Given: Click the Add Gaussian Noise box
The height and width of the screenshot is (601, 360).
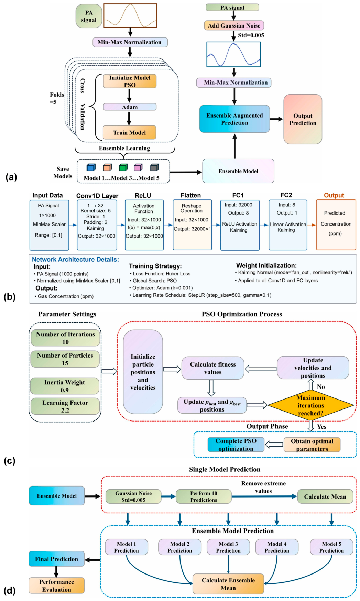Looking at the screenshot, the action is (x=234, y=25).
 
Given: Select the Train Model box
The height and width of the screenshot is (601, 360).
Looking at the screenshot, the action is (x=130, y=132).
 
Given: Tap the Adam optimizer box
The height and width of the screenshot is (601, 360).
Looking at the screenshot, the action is (x=130, y=107).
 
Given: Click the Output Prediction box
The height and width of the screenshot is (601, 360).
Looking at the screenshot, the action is (x=303, y=119).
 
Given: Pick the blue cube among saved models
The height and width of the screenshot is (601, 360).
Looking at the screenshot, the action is (x=91, y=167).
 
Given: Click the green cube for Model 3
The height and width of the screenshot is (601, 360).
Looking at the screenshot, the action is (x=123, y=167).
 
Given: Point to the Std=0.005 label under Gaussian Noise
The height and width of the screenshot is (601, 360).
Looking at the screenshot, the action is (x=251, y=35).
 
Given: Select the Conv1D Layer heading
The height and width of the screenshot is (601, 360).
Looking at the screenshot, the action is (x=97, y=196).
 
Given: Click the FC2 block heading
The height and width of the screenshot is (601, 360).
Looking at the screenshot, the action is (x=286, y=195).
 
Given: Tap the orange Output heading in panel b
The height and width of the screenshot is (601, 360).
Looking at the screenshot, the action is (x=334, y=195).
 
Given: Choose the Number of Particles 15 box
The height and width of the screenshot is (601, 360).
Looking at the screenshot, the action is (x=65, y=359).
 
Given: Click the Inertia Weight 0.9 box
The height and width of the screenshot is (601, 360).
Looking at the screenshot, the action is (x=65, y=386).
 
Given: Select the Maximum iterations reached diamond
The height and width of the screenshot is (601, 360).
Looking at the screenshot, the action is (x=311, y=405).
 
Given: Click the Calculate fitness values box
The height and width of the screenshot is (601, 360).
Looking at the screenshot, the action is (x=213, y=368).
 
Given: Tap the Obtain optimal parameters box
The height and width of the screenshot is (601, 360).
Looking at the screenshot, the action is (x=312, y=445).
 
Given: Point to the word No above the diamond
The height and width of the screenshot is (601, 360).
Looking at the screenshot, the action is (x=321, y=387).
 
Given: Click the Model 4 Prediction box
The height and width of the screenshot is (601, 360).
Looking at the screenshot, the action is (x=277, y=547).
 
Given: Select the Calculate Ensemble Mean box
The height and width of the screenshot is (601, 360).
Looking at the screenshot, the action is (x=228, y=584).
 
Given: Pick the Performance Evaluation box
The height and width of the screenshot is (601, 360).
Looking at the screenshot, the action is (x=57, y=586).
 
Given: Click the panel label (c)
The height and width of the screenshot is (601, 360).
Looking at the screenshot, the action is (x=10, y=460).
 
